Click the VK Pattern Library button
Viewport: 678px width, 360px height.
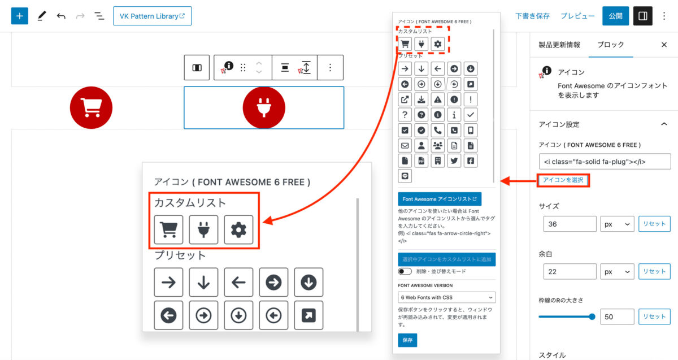click(x=152, y=16)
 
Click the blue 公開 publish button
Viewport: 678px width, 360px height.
click(x=615, y=16)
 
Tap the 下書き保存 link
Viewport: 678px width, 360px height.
click(x=532, y=16)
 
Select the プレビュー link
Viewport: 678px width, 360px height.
click(x=577, y=16)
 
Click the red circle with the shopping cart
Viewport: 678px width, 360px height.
click(x=91, y=108)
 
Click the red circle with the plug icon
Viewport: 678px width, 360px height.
click(x=264, y=108)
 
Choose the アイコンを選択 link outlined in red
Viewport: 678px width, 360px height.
click(x=563, y=180)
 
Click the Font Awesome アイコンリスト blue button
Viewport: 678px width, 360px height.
click(x=440, y=199)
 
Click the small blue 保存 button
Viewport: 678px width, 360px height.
click(x=407, y=340)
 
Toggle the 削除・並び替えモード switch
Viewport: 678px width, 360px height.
click(x=405, y=271)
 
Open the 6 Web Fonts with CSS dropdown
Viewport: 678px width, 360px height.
click(x=446, y=297)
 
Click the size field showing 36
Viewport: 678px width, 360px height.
click(x=570, y=224)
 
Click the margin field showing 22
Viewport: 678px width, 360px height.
click(x=570, y=272)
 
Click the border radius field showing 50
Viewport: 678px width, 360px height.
click(x=617, y=316)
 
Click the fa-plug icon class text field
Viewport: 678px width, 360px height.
click(x=605, y=162)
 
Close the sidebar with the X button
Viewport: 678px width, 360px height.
click(x=664, y=45)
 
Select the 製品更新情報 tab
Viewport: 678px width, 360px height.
click(x=559, y=45)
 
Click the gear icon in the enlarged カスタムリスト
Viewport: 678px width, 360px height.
click(x=238, y=230)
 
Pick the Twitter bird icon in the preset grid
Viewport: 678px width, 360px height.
click(x=454, y=161)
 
